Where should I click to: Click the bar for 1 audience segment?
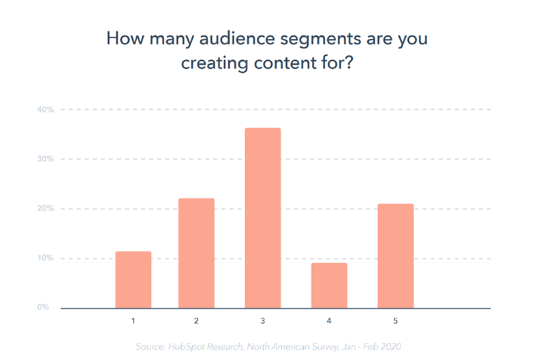[134, 280]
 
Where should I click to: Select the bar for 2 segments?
[196, 253]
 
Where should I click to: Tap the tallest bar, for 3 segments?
[263, 218]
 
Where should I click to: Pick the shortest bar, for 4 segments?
[329, 286]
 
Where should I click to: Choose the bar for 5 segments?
[396, 256]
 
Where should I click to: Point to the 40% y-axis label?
[46, 110]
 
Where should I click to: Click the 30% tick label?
[46, 159]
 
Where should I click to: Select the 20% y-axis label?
[46, 209]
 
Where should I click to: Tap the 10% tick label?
[46, 258]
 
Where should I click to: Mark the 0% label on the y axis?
[43, 307]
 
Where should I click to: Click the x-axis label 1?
[133, 320]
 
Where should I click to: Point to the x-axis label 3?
[263, 320]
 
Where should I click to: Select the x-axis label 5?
[396, 320]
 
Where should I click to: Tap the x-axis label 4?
[329, 320]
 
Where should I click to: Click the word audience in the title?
[237, 38]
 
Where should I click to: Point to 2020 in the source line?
[391, 347]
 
